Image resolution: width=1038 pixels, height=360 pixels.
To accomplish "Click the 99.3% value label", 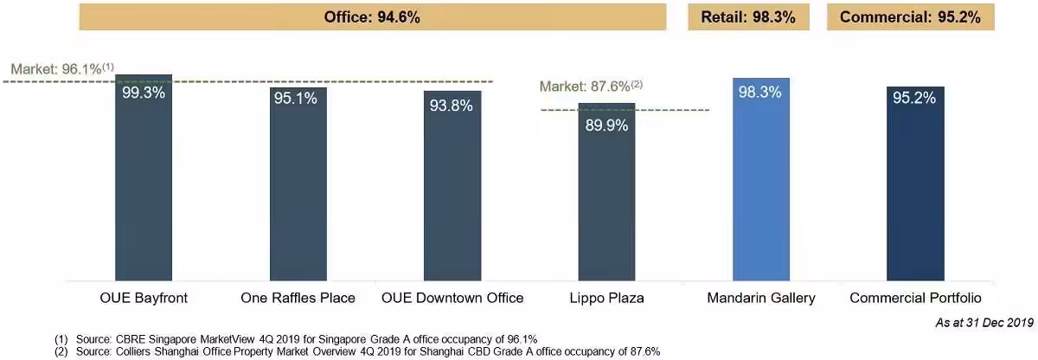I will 144,93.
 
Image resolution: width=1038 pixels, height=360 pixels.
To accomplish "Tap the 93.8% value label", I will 452,106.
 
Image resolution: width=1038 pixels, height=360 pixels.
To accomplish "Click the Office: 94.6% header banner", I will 372,16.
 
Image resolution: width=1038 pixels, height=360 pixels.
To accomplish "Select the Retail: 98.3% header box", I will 749,16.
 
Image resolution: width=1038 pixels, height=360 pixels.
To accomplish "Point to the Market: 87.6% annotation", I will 591,86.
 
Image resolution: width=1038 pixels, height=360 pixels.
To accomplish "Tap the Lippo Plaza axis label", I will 606,298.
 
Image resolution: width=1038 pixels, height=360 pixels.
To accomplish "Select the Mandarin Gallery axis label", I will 760,298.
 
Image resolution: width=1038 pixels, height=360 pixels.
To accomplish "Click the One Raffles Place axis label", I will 298,298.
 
